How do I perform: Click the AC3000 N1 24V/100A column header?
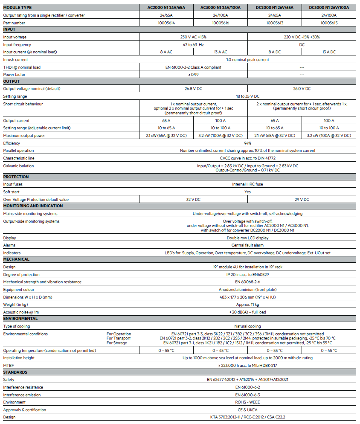pyautogui.click(x=221, y=8)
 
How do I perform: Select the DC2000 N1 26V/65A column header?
pyautogui.click(x=274, y=8)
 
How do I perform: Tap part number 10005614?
pyautogui.click(x=166, y=23)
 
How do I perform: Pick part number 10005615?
pyautogui.click(x=329, y=23)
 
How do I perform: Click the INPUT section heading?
pyautogui.click(x=9, y=29)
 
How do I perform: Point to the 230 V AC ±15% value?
pyautogui.click(x=193, y=37)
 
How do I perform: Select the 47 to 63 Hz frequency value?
pyautogui.click(x=193, y=45)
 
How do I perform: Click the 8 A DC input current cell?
pyautogui.click(x=274, y=52)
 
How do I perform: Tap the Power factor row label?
pyautogui.click(x=15, y=75)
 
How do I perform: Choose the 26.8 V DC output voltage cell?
pyautogui.click(x=193, y=89)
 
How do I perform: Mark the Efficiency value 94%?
pyautogui.click(x=247, y=143)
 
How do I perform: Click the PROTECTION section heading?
pyautogui.click(x=16, y=177)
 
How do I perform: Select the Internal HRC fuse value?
pyautogui.click(x=247, y=184)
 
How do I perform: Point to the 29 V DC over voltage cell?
pyautogui.click(x=302, y=199)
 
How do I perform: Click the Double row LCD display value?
pyautogui.click(x=247, y=238)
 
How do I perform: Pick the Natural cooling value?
pyautogui.click(x=247, y=326)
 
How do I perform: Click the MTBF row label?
pyautogui.click(x=8, y=366)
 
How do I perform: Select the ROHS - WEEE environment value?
pyautogui.click(x=247, y=402)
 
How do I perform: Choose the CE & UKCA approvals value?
pyautogui.click(x=247, y=410)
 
